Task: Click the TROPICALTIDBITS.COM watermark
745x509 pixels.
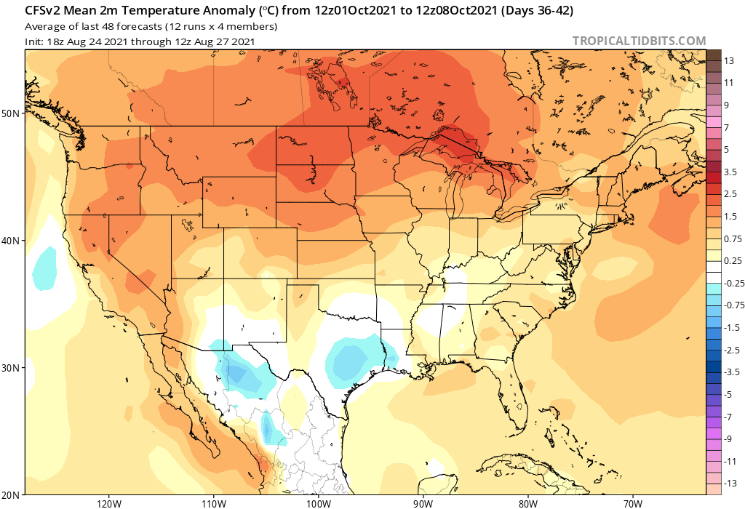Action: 639,41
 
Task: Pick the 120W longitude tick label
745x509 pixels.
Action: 108,502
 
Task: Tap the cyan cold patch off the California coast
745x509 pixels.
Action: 44,267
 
